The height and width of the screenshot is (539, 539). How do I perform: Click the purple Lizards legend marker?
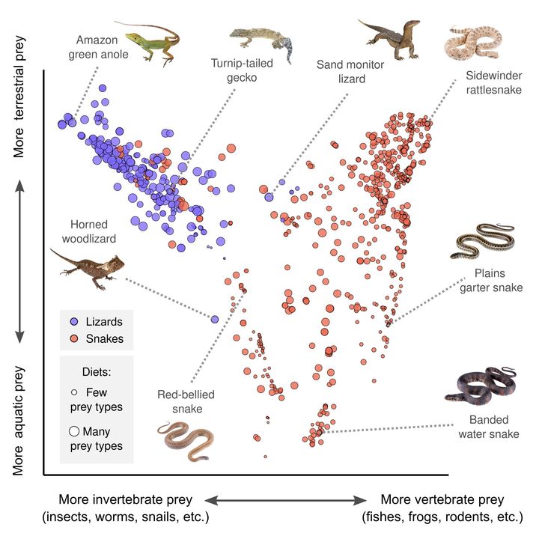point(73,322)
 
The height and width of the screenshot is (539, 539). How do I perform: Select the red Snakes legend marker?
point(73,339)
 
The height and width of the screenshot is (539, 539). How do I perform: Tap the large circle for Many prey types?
point(73,432)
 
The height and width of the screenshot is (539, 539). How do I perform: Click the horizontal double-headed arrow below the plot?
point(286,500)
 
